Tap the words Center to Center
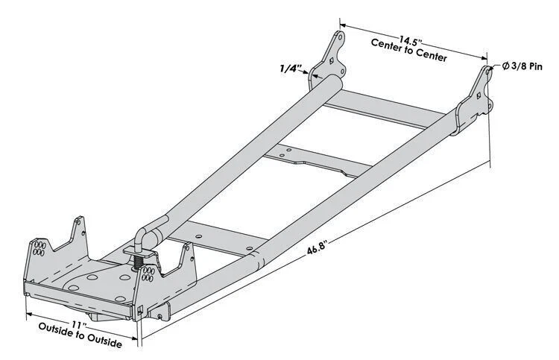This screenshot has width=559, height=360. point(409,51)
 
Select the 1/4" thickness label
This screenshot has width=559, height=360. point(289,69)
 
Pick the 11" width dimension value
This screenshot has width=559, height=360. point(80,324)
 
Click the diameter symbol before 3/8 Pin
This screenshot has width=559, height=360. point(505,66)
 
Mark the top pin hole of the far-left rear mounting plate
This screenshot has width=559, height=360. point(340,36)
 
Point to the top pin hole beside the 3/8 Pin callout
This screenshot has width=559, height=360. point(487,72)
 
